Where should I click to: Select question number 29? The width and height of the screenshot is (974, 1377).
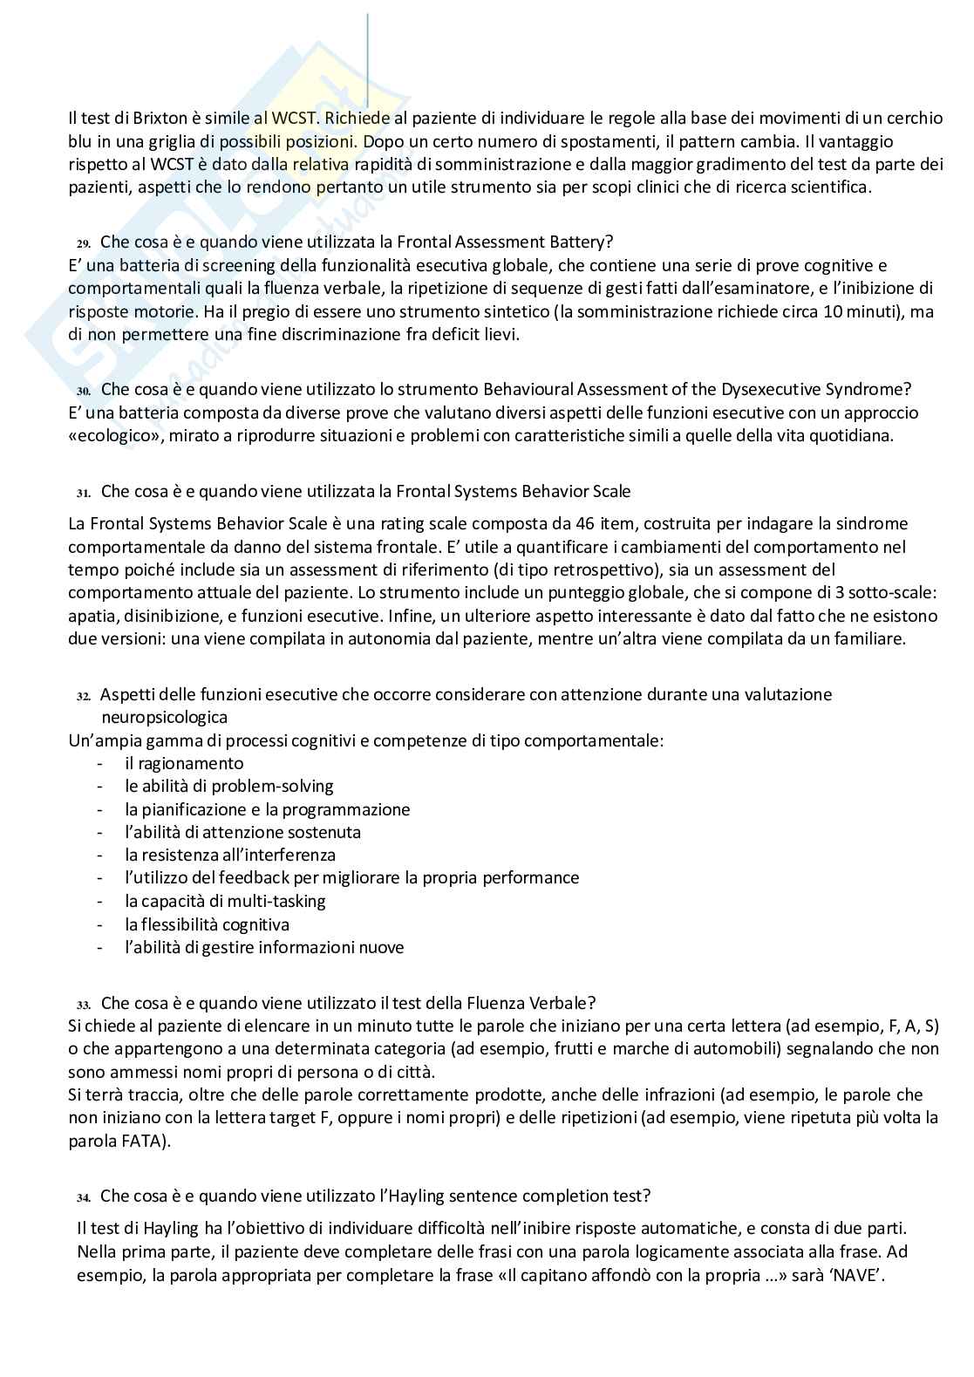[84, 243]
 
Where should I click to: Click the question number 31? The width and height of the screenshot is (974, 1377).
[84, 493]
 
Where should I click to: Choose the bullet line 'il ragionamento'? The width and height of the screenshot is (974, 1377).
[184, 764]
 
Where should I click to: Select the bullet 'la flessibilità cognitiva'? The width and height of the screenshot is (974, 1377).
[207, 924]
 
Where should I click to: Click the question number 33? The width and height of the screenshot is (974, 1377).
[84, 1005]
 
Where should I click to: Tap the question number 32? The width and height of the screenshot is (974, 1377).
[84, 696]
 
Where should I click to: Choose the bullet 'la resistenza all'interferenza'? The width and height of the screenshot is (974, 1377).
[230, 856]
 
